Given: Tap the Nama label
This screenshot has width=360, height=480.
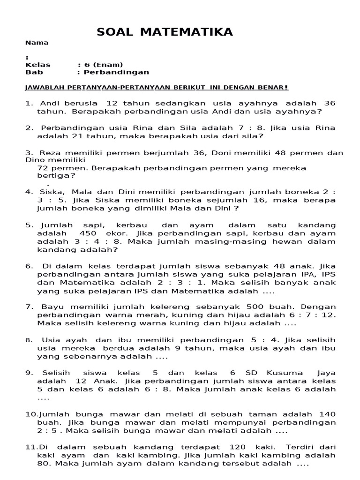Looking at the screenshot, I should (x=37, y=43).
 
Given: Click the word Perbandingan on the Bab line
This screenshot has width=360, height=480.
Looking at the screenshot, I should (x=116, y=72).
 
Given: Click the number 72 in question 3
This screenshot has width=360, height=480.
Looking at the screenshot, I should (x=44, y=168).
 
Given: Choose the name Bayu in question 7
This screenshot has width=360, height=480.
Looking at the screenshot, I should (x=52, y=307).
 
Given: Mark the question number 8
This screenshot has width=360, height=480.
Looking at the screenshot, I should (x=29, y=340).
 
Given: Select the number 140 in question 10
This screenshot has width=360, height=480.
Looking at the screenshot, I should (x=327, y=414).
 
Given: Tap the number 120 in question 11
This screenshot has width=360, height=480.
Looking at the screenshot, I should (x=240, y=447).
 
